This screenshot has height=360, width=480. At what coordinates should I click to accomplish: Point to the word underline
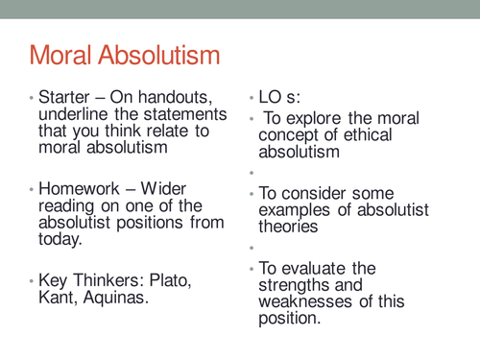point(71,117)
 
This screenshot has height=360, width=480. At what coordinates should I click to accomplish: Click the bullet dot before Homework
point(33,189)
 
